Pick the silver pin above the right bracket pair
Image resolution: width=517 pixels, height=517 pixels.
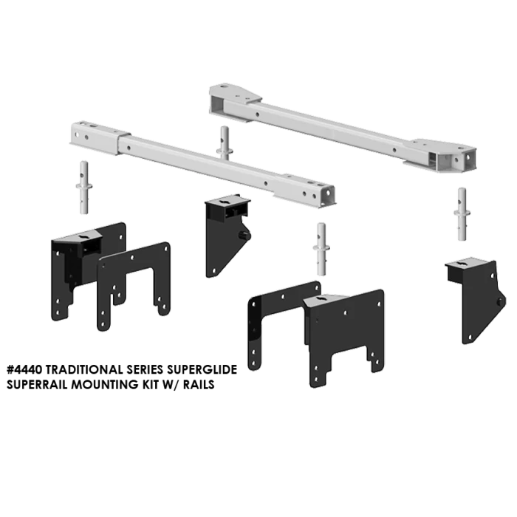coord(322,247)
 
